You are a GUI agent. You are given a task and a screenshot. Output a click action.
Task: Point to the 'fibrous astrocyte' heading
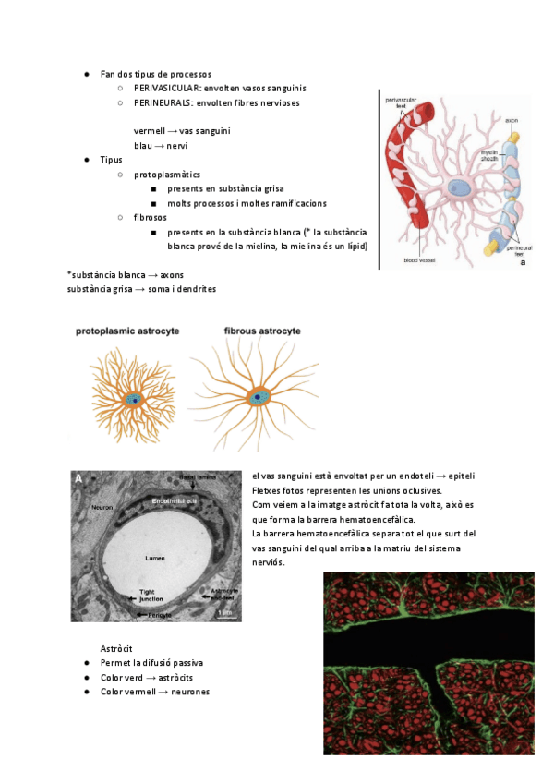click(263, 330)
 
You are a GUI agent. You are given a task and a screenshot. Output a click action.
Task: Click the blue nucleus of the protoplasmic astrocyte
click(135, 399)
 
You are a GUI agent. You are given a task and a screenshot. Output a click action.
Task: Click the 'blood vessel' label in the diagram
click(420, 261)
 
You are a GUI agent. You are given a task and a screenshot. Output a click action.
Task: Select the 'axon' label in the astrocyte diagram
click(511, 120)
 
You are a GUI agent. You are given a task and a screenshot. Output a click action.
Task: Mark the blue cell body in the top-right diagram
click(459, 189)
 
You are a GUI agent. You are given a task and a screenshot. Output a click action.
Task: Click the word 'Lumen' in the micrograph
click(153, 558)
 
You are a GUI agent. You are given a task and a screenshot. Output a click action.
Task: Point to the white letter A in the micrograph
click(80, 477)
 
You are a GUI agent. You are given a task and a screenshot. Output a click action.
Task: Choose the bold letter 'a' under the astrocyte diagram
click(524, 262)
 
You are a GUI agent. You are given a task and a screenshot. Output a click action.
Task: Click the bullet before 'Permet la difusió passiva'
click(86, 663)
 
